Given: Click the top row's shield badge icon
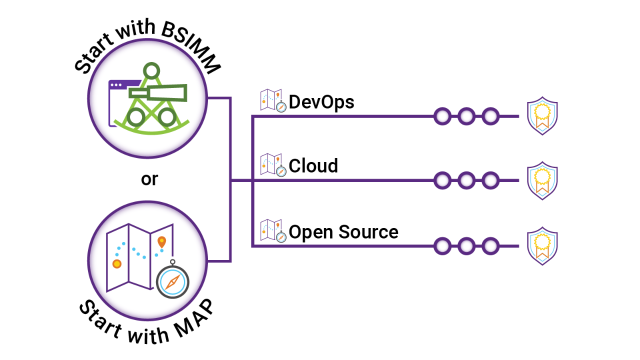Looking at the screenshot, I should tap(542, 116).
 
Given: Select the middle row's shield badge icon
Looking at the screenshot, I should tap(542, 180).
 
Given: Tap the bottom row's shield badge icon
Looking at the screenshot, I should tap(542, 246).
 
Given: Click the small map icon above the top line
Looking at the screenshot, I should tap(272, 100).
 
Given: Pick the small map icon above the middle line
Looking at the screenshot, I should tap(272, 164).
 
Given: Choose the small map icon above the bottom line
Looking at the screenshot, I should tap(272, 230).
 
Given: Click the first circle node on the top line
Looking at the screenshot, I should tap(442, 116).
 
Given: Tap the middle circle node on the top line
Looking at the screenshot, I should tap(466, 116).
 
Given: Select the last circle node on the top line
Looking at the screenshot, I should tap(490, 116).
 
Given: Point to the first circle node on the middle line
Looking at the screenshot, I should tap(442, 180).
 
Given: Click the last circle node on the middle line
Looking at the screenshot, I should tap(490, 180).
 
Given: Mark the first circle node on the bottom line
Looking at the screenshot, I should tap(442, 246).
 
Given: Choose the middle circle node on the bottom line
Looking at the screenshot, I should tap(466, 246).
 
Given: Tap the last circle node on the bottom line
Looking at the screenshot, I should tap(490, 246).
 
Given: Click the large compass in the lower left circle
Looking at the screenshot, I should tap(172, 281).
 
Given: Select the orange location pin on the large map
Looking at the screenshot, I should tap(161, 241).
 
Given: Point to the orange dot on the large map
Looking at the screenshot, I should tap(117, 263).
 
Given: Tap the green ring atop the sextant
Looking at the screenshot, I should tap(151, 71).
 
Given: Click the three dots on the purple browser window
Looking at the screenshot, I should tap(116, 85).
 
